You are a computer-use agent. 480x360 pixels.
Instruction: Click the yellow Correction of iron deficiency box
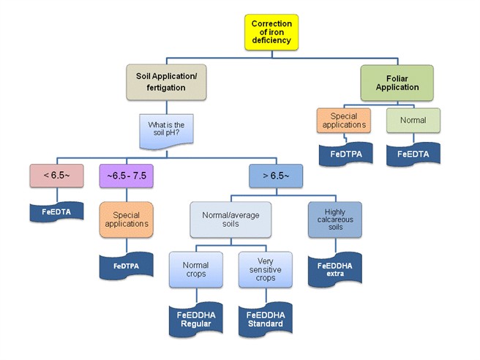(271, 32)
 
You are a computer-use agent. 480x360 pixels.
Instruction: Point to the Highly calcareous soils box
(334, 220)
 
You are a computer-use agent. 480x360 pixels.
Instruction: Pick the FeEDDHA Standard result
(265, 319)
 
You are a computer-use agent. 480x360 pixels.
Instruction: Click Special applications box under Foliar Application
(343, 121)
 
